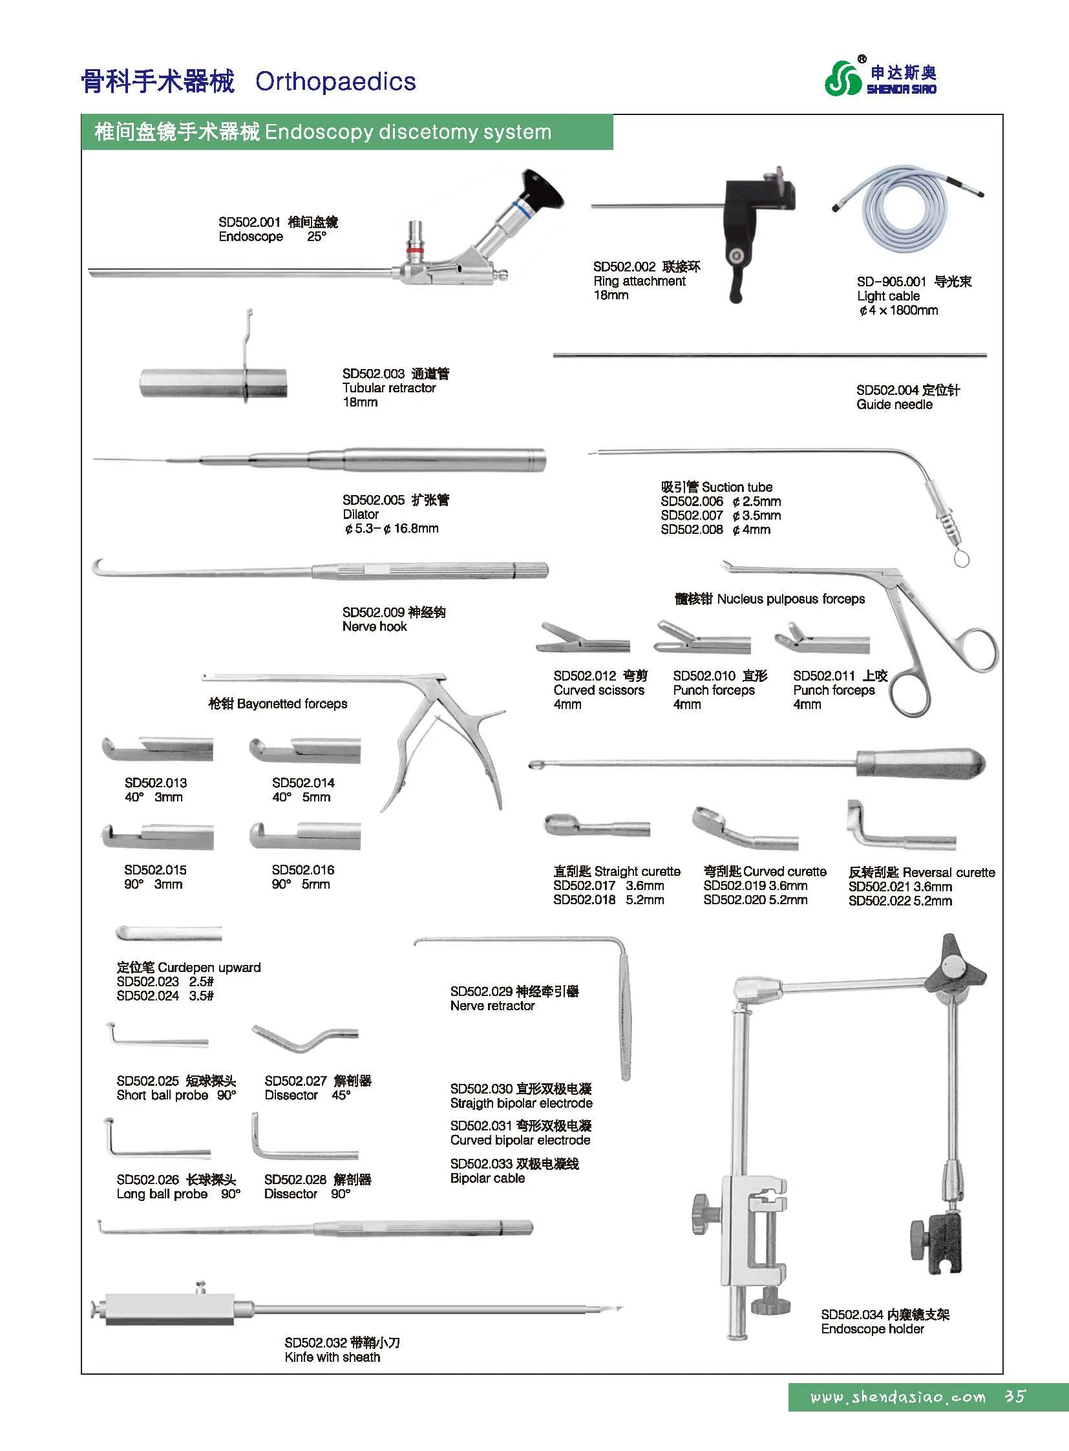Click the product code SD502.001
tap(249, 222)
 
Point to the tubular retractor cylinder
tap(213, 383)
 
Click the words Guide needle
tap(894, 405)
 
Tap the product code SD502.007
tap(692, 516)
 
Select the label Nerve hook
tap(375, 626)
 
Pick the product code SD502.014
tap(303, 783)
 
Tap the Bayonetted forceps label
tap(278, 703)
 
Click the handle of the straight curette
tap(920, 763)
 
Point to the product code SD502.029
tap(482, 991)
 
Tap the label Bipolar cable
tap(487, 1178)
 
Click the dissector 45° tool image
tap(304, 1039)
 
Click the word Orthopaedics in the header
tap(335, 81)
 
